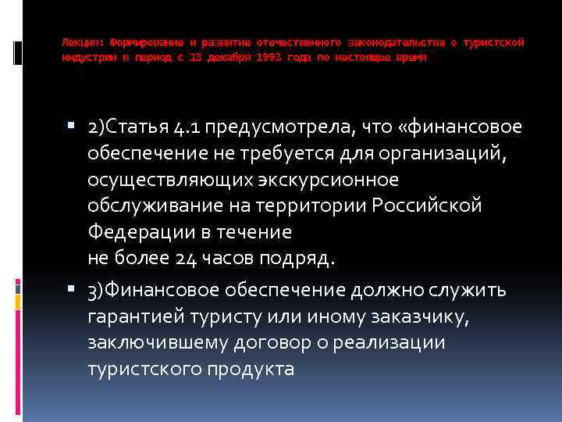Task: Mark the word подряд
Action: [299, 259]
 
